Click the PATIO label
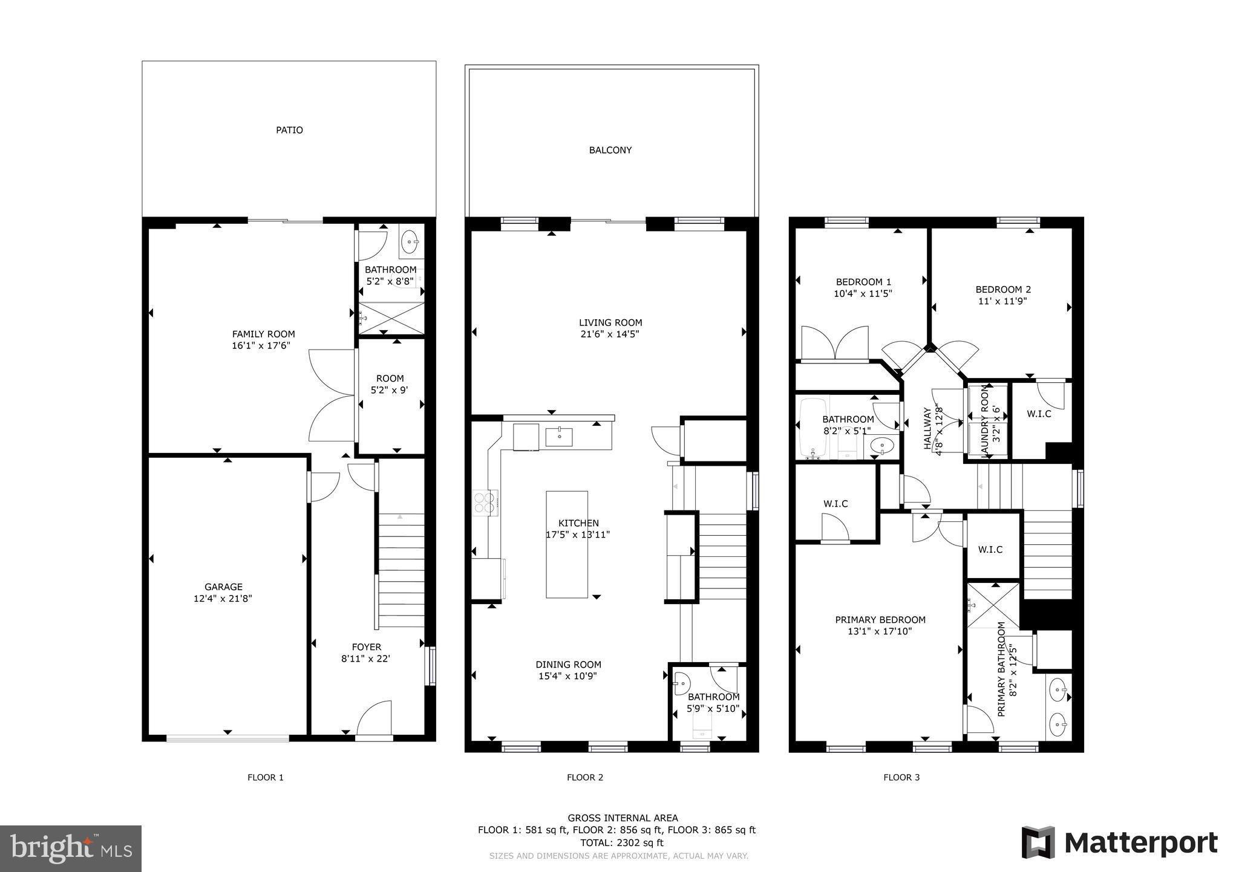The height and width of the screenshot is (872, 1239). [289, 130]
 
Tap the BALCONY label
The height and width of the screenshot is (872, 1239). [610, 150]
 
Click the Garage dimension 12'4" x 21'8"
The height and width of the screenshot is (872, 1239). [223, 599]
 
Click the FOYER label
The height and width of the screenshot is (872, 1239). [366, 647]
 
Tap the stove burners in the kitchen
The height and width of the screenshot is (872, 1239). [485, 503]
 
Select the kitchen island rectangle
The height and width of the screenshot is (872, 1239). [566, 544]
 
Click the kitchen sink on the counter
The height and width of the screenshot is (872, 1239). [559, 437]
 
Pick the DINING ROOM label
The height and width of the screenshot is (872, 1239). [568, 665]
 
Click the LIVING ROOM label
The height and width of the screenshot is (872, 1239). [610, 322]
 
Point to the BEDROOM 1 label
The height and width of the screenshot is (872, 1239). [863, 282]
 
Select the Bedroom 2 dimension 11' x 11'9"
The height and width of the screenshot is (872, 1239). [1002, 301]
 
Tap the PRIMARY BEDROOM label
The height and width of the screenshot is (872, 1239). [880, 620]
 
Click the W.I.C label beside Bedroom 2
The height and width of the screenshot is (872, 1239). [1038, 414]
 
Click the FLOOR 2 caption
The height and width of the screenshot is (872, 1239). [584, 778]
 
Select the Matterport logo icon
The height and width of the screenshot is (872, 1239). [1038, 842]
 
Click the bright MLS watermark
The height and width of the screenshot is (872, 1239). [71, 849]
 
